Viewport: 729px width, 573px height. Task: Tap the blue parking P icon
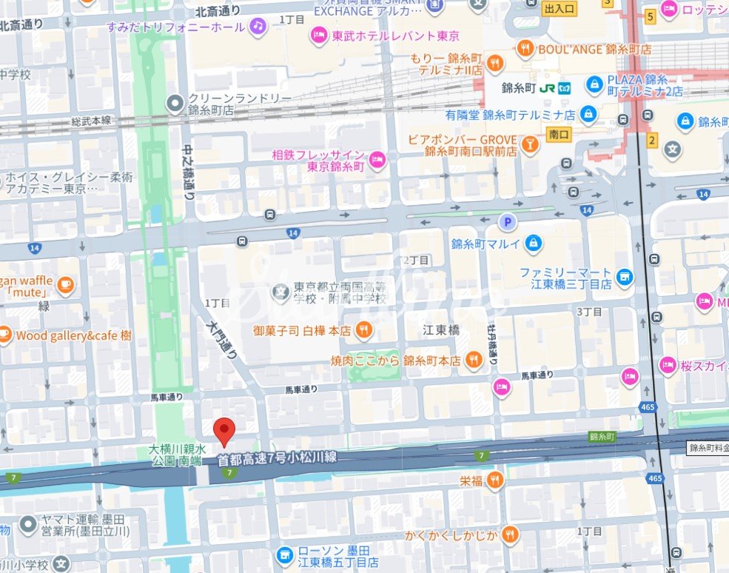pos(507,221)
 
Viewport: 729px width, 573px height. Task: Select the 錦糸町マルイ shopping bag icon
pos(533,243)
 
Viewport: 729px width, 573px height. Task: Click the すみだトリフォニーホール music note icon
pos(257,27)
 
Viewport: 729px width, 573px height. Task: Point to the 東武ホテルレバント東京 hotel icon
pos(319,36)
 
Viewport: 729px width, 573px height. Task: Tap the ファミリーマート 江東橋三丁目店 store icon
pos(625,277)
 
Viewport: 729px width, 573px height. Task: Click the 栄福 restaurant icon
pos(494,480)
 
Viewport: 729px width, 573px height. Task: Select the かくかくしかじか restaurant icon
pos(509,534)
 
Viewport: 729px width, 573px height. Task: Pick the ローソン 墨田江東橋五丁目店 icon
pos(284,554)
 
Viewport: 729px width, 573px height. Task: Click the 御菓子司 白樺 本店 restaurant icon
pos(363,330)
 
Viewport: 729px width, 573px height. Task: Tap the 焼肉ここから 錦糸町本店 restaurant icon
pos(473,361)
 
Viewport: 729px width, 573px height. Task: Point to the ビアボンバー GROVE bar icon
pos(530,144)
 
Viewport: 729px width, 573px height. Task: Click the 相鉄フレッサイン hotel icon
pos(377,160)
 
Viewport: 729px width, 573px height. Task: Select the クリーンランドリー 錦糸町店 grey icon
pos(175,104)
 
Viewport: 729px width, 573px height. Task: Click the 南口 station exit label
pos(559,134)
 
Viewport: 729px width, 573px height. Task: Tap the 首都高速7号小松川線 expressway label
pos(277,458)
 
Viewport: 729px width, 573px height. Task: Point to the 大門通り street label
pos(221,340)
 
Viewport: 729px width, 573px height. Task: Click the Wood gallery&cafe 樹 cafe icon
pos(4,335)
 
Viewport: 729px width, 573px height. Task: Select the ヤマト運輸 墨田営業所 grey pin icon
pos(28,525)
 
